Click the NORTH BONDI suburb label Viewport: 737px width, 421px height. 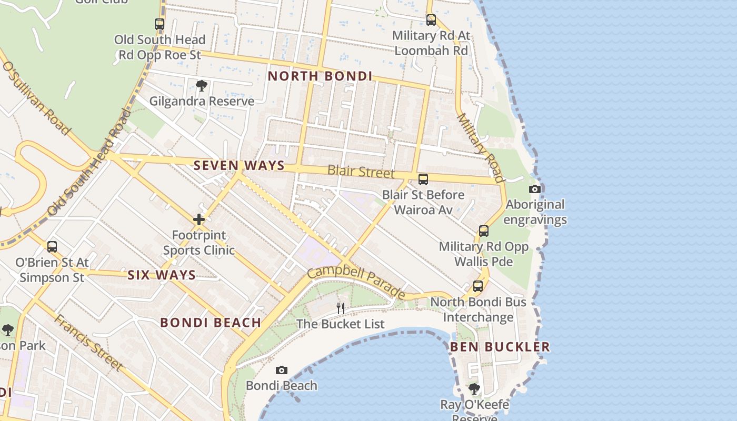click(x=320, y=76)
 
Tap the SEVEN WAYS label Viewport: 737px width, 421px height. click(x=239, y=165)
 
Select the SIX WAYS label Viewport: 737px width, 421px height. click(x=162, y=275)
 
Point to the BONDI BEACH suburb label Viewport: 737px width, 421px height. click(x=211, y=323)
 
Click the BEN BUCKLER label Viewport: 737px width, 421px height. click(x=500, y=347)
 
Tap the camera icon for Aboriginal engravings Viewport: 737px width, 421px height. click(x=535, y=189)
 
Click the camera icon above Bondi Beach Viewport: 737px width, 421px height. click(x=282, y=370)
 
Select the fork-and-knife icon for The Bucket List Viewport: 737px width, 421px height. click(x=341, y=308)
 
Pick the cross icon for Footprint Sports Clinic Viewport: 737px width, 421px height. click(x=199, y=219)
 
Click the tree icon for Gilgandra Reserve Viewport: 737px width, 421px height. click(x=201, y=85)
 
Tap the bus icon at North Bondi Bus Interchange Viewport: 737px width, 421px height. click(x=478, y=286)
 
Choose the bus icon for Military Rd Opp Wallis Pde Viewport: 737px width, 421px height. click(x=483, y=230)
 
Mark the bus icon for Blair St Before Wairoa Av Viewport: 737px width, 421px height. click(x=423, y=179)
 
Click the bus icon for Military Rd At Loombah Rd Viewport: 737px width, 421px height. click(x=431, y=20)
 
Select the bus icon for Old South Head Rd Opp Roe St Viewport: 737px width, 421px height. click(x=160, y=24)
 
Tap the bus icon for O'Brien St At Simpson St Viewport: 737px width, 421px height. click(x=52, y=246)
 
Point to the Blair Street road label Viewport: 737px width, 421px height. click(x=361, y=171)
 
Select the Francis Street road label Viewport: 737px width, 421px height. click(x=88, y=342)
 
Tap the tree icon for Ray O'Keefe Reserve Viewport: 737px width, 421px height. click(x=474, y=389)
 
